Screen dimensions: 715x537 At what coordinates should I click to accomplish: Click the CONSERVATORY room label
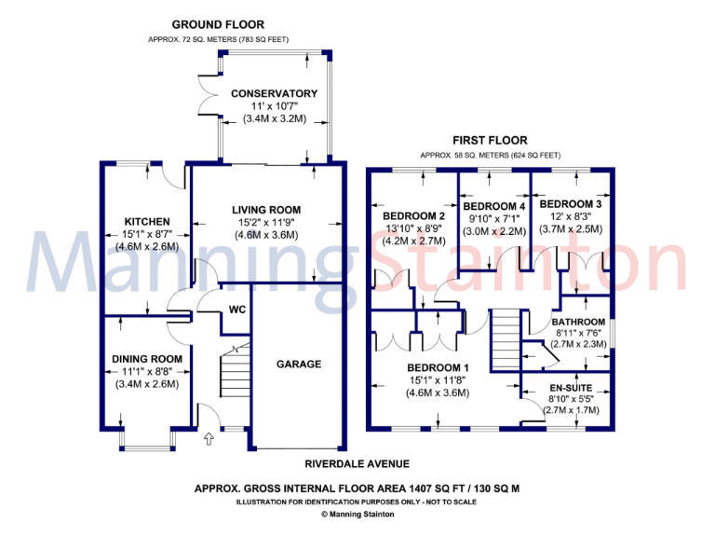[x=274, y=93]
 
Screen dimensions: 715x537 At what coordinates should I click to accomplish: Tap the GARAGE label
[x=297, y=365]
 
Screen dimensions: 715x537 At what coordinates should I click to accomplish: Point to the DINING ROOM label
[x=147, y=359]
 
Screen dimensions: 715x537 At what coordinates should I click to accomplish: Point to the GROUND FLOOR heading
[x=218, y=24]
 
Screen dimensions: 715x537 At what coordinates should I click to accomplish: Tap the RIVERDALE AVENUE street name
[x=357, y=463]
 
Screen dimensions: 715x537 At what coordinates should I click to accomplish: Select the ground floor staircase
[x=235, y=378]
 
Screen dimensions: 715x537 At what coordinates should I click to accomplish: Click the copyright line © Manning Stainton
[x=357, y=514]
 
